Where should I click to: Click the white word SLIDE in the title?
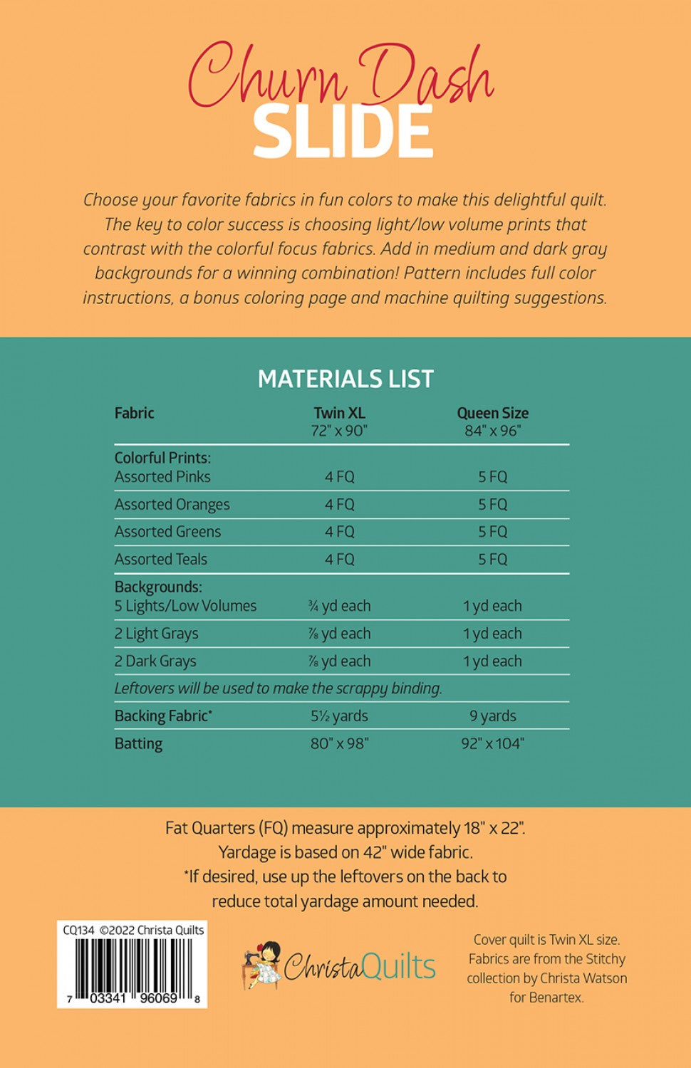pos(343,132)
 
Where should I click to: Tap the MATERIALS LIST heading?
pos(345,379)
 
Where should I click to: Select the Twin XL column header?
pos(339,413)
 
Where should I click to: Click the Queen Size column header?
pos(492,413)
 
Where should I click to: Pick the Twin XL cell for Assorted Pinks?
pos(339,477)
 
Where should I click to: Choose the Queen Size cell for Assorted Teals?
pos(492,560)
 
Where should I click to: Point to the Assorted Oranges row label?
pos(172,505)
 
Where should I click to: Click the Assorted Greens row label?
pos(168,532)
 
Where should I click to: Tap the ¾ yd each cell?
pos(339,606)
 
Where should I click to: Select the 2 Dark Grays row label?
pos(155,661)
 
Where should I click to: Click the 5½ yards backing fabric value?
pos(339,716)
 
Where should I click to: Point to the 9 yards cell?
pos(492,716)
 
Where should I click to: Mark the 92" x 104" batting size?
pos(492,744)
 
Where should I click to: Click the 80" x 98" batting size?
pos(339,744)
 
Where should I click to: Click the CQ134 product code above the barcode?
pos(78,930)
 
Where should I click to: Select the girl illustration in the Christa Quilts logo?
pos(262,965)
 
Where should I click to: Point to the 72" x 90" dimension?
pos(339,431)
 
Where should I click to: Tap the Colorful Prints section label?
pos(162,458)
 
